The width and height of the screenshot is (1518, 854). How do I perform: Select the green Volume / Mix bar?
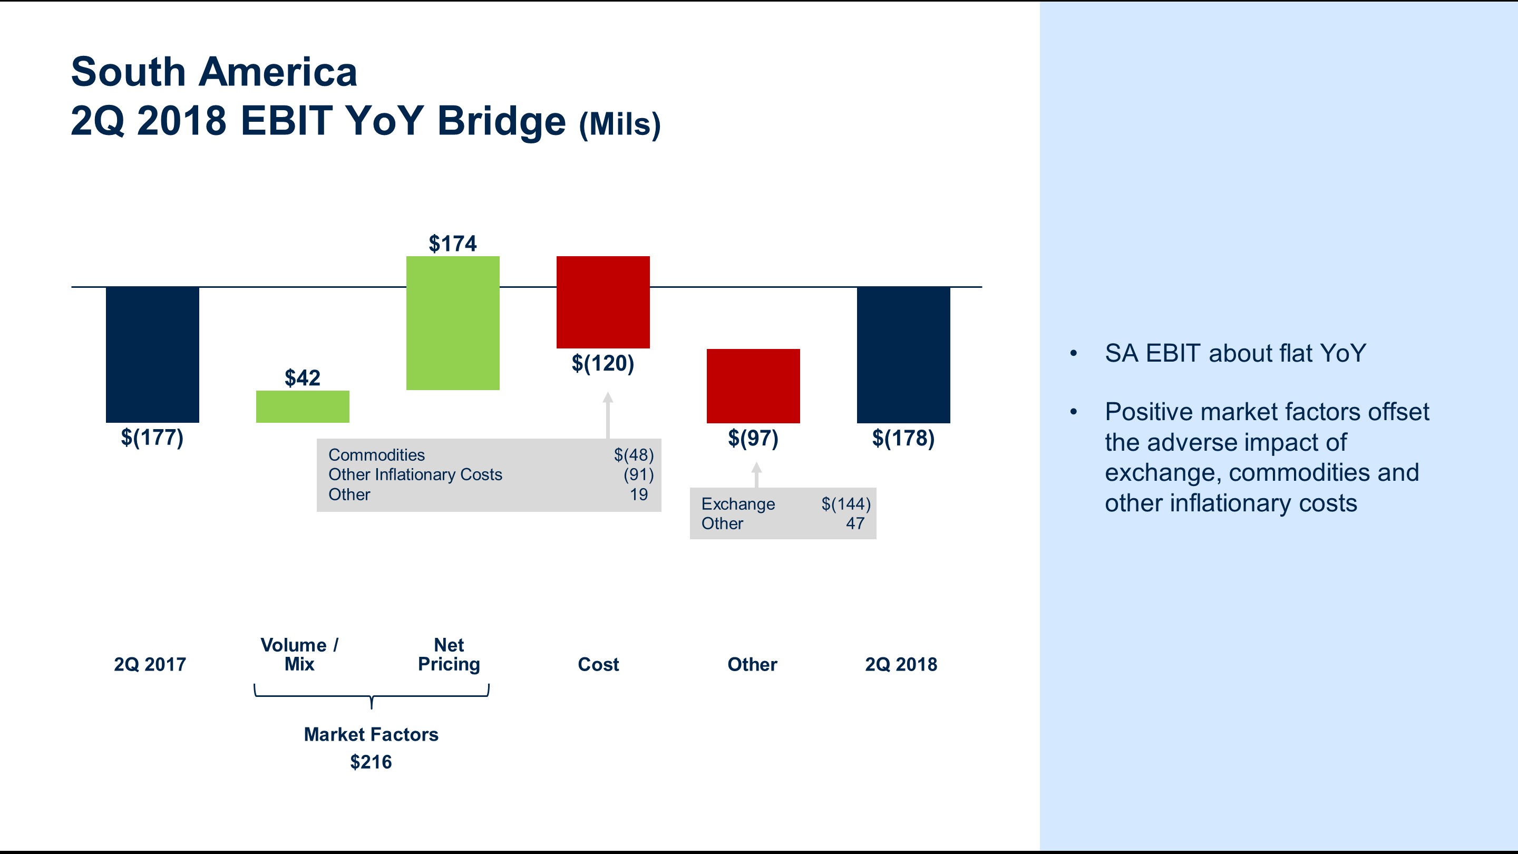tap(303, 406)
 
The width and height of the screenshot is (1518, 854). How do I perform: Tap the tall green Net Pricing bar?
tap(453, 323)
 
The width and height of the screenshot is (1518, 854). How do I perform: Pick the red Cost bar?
tap(603, 302)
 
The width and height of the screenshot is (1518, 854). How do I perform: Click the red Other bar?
tap(753, 385)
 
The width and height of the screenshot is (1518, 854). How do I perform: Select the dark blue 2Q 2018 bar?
tap(903, 354)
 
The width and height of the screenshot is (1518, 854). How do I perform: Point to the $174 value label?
tap(453, 244)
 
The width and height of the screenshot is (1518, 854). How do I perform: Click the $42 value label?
tap(303, 378)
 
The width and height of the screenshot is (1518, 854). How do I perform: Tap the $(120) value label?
tap(603, 363)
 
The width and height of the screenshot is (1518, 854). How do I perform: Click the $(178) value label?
tap(903, 438)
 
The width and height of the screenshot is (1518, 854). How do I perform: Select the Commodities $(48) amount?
tap(634, 455)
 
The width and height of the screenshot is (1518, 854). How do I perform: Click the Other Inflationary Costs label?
tap(415, 474)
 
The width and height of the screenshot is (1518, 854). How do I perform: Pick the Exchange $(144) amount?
tap(845, 504)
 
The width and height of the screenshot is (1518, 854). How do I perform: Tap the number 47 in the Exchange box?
tap(855, 523)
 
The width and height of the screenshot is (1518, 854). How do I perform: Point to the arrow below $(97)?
tap(757, 474)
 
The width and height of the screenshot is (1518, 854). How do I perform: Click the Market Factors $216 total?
tap(371, 762)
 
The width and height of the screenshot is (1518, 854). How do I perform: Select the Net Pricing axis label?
tap(449, 654)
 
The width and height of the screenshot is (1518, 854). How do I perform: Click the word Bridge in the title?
tap(501, 121)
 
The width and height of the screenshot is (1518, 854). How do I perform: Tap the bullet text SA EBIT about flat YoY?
tap(1235, 353)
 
